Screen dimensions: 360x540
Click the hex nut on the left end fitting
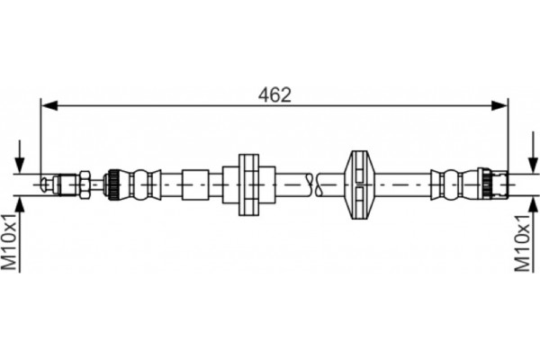click(83, 184)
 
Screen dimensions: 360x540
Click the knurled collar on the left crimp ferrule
click(114, 184)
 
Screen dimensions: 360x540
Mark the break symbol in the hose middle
click(312, 184)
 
